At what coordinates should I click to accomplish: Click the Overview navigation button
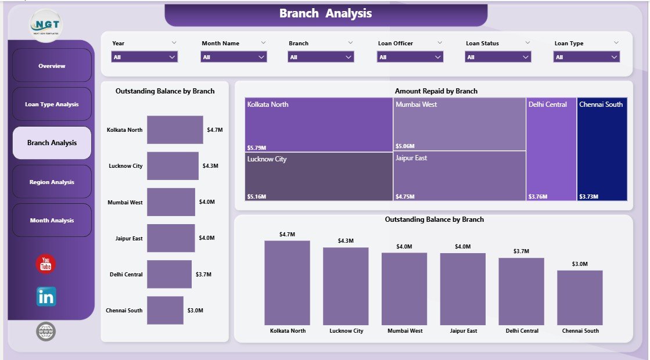point(52,66)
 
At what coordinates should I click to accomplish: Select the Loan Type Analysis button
point(52,105)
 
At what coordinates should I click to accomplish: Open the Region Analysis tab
point(52,182)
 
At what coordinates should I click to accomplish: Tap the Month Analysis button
point(52,220)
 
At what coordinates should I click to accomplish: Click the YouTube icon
point(45,264)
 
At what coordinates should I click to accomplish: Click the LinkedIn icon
point(46,297)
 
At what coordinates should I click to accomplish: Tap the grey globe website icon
point(46,332)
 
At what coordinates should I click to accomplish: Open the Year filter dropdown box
point(144,57)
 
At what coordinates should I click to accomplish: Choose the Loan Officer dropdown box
point(410,57)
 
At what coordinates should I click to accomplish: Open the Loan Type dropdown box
point(587,57)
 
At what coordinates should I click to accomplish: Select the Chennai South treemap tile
point(602,149)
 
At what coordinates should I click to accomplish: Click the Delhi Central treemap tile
point(551,149)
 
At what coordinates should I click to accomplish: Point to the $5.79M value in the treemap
point(257,147)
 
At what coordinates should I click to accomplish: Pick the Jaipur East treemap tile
point(459,177)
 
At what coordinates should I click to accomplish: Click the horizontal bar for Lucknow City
point(173,166)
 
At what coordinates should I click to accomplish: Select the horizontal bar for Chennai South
point(165,310)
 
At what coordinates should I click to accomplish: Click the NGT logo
point(46,25)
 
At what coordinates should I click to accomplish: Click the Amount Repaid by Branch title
point(436,91)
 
